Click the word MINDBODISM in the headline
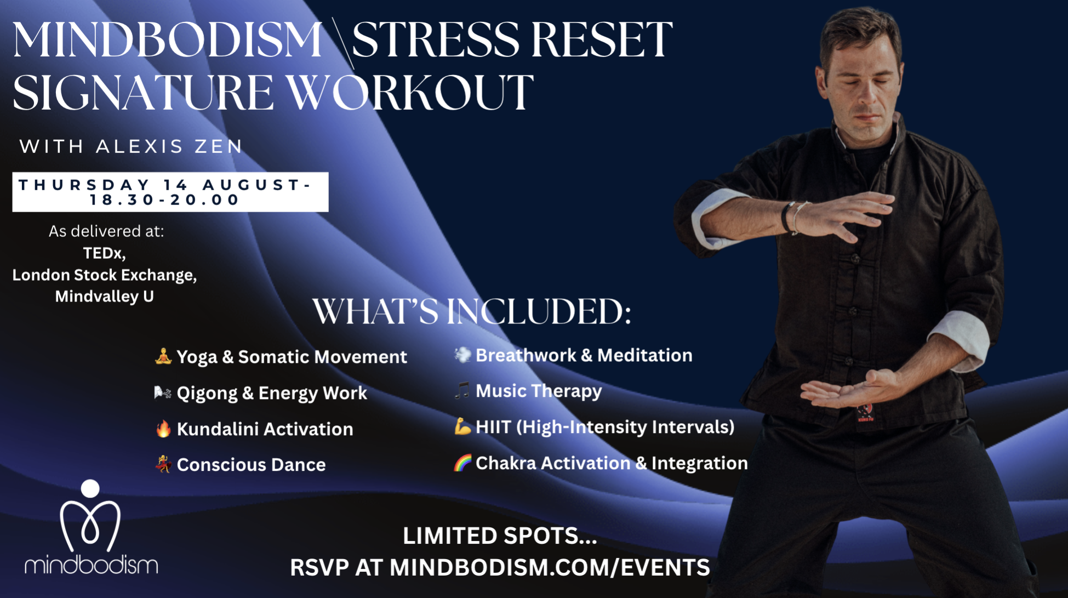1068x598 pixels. click(168, 39)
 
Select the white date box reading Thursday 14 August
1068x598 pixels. click(170, 192)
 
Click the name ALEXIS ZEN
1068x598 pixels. click(169, 146)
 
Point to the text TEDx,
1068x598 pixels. click(104, 253)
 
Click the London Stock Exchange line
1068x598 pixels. click(105, 275)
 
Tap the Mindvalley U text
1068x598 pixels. click(104, 296)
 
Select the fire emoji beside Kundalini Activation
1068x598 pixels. click(163, 429)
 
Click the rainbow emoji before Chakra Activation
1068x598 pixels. click(462, 463)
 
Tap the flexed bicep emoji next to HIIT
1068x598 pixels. click(462, 426)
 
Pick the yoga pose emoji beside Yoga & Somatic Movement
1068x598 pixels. click(163, 356)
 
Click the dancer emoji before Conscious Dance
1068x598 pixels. click(163, 464)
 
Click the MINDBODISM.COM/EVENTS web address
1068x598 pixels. click(550, 567)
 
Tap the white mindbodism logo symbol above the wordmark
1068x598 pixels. click(90, 515)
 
